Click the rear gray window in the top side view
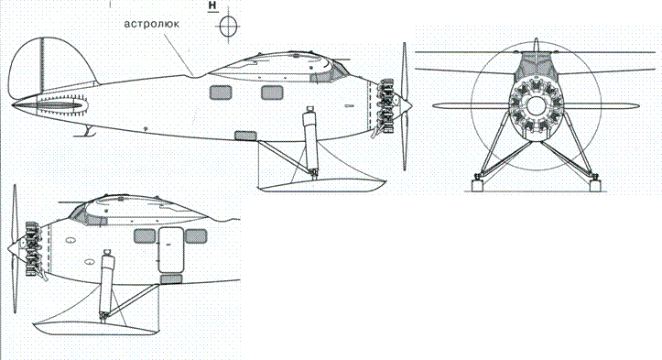pos(220,92)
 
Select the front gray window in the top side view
pos(272,92)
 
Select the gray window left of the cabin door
pos(145,236)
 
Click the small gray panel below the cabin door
pos(171,278)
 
